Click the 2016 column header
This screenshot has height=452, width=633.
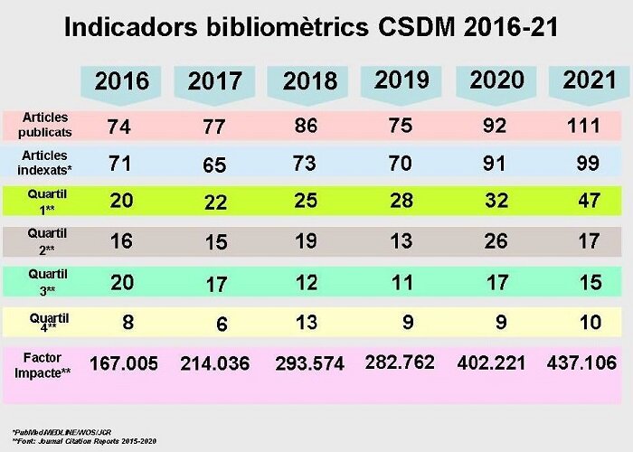(122, 81)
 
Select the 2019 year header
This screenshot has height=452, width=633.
(401, 80)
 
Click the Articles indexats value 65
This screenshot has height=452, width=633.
(214, 165)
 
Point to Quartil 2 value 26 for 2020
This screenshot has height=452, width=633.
(496, 241)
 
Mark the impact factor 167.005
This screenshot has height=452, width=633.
(122, 363)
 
